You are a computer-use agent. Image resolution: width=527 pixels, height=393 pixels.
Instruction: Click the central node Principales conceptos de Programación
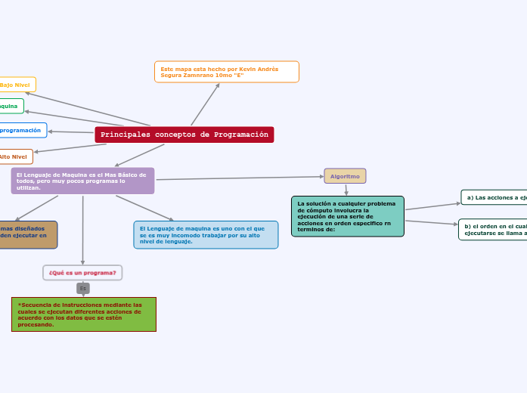click(x=184, y=135)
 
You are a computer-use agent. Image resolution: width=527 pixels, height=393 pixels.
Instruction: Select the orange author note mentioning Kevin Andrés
click(x=226, y=72)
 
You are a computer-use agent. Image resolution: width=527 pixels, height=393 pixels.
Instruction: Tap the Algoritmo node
click(x=345, y=176)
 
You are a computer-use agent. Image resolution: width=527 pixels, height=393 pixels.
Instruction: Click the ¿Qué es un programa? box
click(x=82, y=272)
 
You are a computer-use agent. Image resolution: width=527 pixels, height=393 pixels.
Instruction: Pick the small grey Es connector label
click(x=83, y=288)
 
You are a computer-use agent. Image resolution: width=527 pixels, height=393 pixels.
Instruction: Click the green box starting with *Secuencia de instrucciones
click(x=83, y=314)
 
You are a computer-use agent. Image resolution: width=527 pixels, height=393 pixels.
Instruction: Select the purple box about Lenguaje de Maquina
click(x=82, y=181)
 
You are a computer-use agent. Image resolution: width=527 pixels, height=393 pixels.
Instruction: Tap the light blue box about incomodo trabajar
click(x=206, y=235)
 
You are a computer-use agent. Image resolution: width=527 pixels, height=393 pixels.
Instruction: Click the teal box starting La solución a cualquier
click(x=347, y=216)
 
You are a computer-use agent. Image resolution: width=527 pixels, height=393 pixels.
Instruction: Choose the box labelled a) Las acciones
click(x=494, y=197)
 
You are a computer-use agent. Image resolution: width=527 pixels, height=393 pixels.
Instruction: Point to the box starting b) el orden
click(x=493, y=230)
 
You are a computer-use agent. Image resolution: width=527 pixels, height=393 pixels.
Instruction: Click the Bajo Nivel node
click(x=16, y=85)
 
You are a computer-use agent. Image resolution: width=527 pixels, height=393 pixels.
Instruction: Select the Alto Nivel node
click(x=14, y=156)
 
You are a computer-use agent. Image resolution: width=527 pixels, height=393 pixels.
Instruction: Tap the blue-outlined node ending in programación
click(x=21, y=131)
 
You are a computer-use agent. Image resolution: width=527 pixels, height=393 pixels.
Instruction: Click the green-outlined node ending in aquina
click(x=11, y=107)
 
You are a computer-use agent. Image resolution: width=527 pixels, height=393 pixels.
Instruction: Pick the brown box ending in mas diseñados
click(x=26, y=235)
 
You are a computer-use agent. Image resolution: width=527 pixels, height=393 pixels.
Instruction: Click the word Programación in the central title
click(x=241, y=135)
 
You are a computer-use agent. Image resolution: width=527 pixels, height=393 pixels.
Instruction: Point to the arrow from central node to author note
click(x=205, y=104)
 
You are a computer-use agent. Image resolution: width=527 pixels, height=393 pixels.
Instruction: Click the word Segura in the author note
click(x=172, y=76)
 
